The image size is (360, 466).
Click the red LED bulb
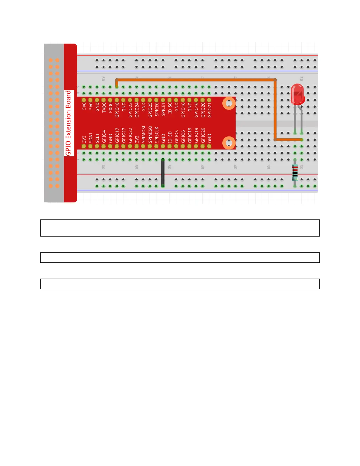[297, 94]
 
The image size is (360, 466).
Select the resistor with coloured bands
[295, 173]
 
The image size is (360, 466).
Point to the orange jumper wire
[196, 80]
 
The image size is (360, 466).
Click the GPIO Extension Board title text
[68, 123]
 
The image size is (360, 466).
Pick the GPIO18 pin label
[117, 110]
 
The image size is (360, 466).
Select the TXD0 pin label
[104, 107]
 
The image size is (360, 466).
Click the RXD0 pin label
[111, 107]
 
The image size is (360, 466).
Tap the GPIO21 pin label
[209, 110]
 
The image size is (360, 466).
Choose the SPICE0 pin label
[156, 109]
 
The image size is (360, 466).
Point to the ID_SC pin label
[170, 108]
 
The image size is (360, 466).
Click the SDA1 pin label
[91, 138]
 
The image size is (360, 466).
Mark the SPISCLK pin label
[156, 135]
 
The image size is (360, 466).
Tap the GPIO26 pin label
[203, 135]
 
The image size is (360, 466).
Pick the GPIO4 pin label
[104, 137]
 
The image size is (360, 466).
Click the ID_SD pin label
[170, 137]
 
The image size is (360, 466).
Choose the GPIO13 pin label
[190, 135]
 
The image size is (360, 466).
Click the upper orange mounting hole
[229, 103]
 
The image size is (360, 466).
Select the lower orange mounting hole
[229, 143]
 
